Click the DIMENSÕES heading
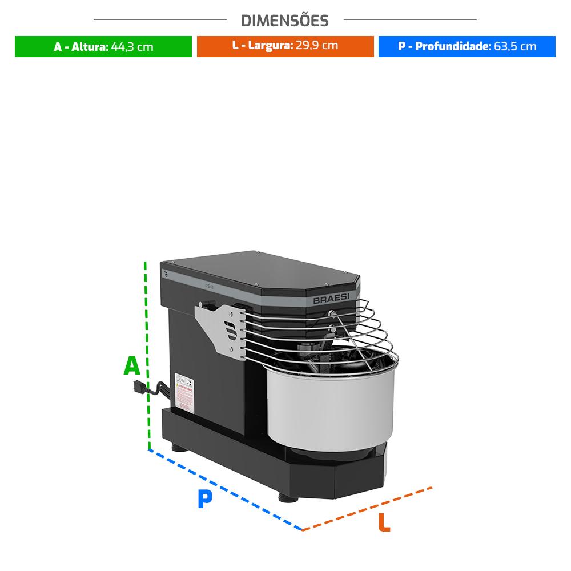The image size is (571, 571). [285, 21]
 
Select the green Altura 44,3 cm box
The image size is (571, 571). [103, 47]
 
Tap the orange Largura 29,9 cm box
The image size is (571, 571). [285, 46]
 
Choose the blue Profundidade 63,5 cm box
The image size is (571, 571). [467, 47]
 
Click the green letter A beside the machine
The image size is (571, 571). [132, 366]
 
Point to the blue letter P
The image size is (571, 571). [204, 499]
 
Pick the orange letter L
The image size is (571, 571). [384, 523]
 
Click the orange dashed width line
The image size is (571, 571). [368, 508]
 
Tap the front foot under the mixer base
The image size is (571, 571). [288, 497]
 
